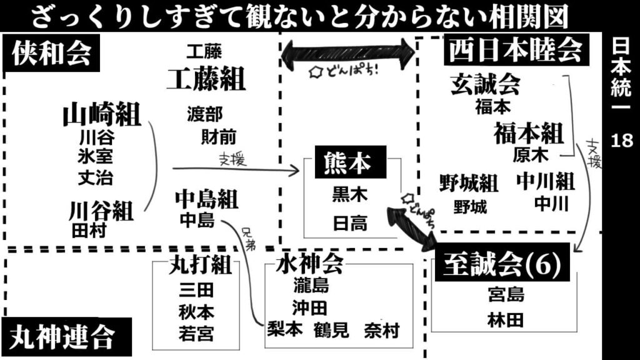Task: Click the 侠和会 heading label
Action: coord(51,54)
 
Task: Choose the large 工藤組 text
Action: coord(206,79)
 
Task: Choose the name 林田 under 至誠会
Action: coord(506,320)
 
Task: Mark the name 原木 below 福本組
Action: coord(530,154)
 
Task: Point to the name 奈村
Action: coord(381,330)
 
